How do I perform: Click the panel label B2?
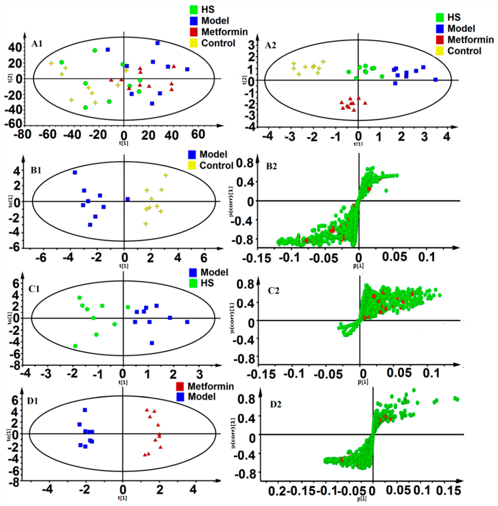pyautogui.click(x=273, y=167)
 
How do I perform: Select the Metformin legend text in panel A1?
pyautogui.click(x=224, y=32)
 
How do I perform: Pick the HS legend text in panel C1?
pyautogui.click(x=207, y=283)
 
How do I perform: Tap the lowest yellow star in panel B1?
pyautogui.click(x=146, y=224)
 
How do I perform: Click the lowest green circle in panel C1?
pyautogui.click(x=75, y=346)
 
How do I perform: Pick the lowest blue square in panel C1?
pyautogui.click(x=152, y=343)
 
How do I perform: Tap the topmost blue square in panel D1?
pyautogui.click(x=85, y=410)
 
